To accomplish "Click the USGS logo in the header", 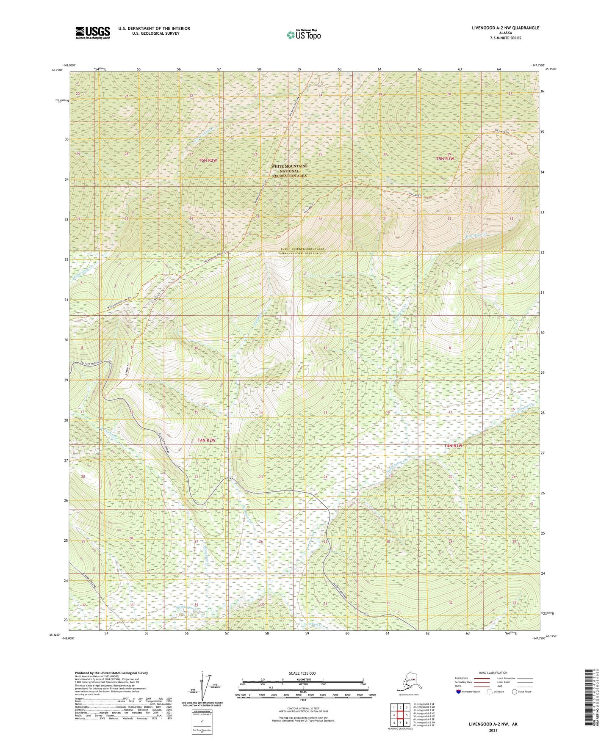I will coord(93,33).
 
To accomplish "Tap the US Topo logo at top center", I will coord(303,35).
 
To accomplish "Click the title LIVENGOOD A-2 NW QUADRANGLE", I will coord(506,28).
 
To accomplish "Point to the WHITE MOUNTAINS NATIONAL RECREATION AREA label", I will coord(290,171).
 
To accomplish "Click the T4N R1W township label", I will coord(453,446).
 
